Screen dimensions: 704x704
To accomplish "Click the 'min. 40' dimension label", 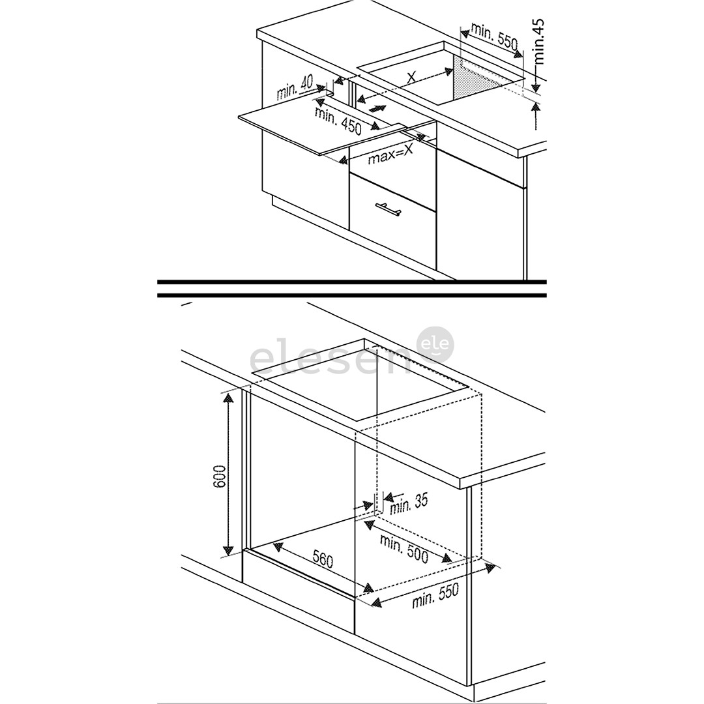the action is pyautogui.click(x=295, y=89).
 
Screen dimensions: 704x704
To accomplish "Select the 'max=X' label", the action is pyautogui.click(x=390, y=154).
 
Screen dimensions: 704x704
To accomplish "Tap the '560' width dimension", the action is pyautogui.click(x=323, y=559).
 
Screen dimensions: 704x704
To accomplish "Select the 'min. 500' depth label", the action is pyautogui.click(x=404, y=548).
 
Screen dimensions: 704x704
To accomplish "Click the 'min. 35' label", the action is pyautogui.click(x=409, y=503).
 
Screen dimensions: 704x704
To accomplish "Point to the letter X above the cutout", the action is pyautogui.click(x=412, y=78).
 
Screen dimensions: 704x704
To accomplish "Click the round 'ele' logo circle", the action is pyautogui.click(x=435, y=344).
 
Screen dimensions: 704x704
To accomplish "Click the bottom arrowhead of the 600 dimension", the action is pyautogui.click(x=228, y=549).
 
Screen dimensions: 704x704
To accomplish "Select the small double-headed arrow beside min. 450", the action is pyautogui.click(x=377, y=109).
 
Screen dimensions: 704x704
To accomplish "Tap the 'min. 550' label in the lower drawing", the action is pyautogui.click(x=435, y=596).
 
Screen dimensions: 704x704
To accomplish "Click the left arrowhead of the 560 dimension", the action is pyautogui.click(x=278, y=546).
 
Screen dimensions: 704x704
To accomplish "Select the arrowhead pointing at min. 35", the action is pyautogui.click(x=385, y=497).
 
